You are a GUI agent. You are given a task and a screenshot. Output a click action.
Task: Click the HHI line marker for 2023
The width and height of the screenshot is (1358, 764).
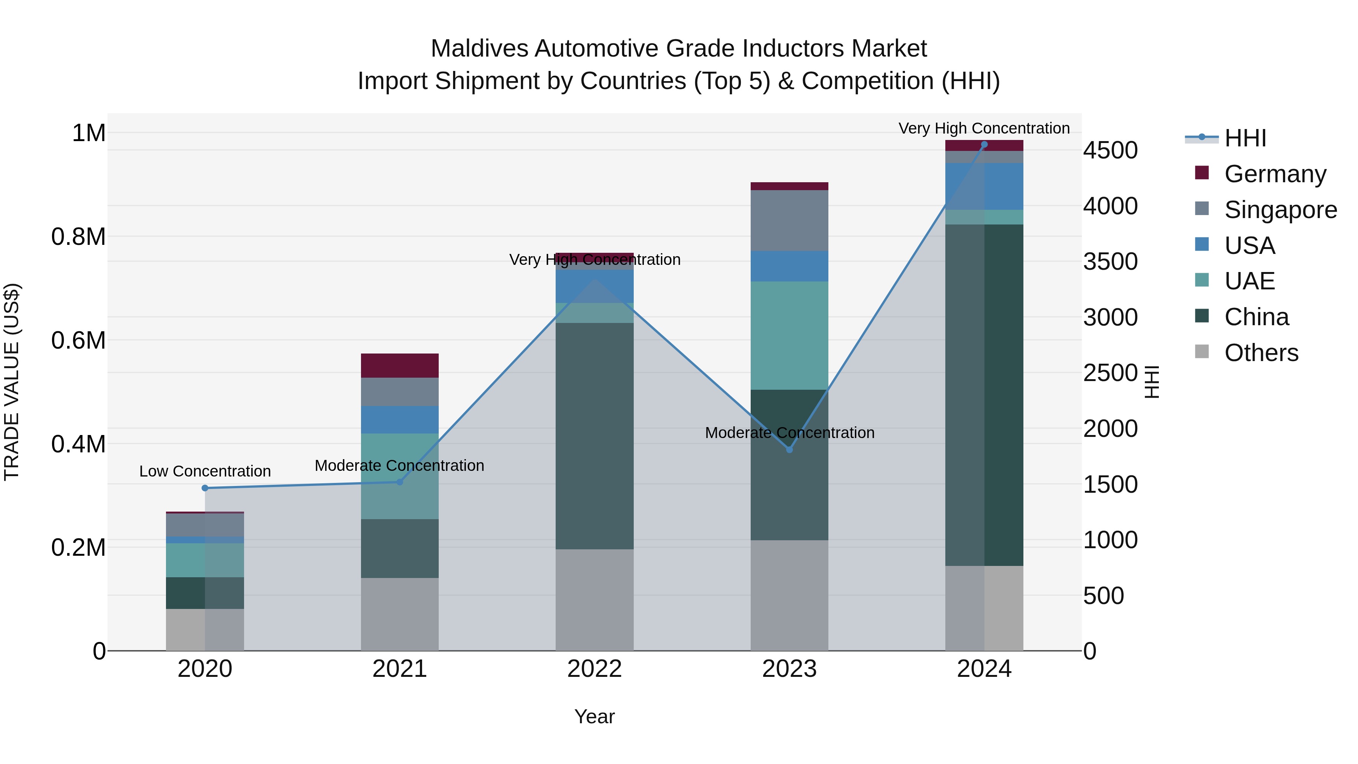[x=789, y=449]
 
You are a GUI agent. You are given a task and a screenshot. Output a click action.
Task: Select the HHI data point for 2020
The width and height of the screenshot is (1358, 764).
[x=205, y=488]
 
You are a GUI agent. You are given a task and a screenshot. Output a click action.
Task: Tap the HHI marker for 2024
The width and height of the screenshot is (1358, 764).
[x=984, y=144]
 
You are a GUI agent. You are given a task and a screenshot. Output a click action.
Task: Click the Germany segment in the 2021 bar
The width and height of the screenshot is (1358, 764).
[x=399, y=365]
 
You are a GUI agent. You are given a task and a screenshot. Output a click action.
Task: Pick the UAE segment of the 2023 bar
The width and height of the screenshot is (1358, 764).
[x=789, y=335]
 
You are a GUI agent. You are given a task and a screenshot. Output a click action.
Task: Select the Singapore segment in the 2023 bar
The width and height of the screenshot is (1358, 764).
[x=789, y=220]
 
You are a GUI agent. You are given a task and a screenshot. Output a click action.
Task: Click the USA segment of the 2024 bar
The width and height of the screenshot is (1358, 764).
[x=984, y=186]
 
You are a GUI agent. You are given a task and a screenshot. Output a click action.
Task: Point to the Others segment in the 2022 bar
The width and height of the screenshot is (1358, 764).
[x=594, y=600]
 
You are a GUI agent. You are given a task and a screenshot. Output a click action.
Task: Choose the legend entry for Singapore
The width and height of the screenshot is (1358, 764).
[x=1280, y=210]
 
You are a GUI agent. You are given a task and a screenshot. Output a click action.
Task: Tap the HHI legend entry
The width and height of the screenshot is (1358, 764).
[x=1245, y=138]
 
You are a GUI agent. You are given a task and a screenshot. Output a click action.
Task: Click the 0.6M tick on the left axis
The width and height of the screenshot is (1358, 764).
[x=78, y=340]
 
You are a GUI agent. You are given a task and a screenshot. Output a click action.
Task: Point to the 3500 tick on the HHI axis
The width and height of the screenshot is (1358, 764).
[x=1110, y=261]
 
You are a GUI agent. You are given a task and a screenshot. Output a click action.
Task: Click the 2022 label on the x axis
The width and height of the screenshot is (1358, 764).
[x=594, y=669]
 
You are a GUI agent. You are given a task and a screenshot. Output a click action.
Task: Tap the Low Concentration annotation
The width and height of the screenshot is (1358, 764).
[x=205, y=471]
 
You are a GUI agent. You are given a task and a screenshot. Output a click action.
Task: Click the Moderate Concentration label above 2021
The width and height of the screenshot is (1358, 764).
[x=399, y=466]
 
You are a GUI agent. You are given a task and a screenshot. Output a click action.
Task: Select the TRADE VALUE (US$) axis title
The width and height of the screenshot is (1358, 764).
[x=12, y=382]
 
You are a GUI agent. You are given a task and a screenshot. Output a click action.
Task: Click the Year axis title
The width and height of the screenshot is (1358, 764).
[x=594, y=716]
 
